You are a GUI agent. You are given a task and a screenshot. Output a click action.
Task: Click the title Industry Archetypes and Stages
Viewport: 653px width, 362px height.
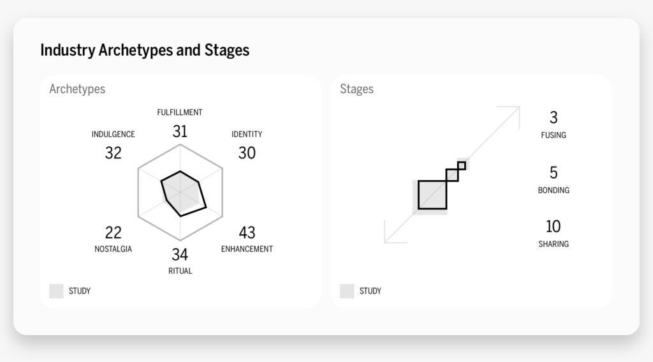[145, 50]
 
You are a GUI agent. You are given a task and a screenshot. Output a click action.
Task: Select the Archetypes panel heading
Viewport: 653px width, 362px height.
[77, 89]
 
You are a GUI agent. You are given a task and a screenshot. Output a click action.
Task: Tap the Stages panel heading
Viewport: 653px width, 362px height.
[356, 89]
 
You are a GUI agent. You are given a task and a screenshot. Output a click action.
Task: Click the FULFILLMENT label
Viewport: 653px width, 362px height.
[180, 112]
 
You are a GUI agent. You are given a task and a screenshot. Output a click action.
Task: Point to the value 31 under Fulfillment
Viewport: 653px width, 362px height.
[180, 132]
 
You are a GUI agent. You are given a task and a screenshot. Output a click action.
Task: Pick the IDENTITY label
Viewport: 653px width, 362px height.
[247, 135]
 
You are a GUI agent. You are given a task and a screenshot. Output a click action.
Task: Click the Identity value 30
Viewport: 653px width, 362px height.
[247, 153]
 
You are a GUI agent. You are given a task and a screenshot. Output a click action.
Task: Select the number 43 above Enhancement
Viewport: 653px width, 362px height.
[247, 232]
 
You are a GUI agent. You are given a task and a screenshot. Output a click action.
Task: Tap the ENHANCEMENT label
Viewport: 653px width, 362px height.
[247, 249]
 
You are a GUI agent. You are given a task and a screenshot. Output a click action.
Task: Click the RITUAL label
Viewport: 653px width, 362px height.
[180, 271]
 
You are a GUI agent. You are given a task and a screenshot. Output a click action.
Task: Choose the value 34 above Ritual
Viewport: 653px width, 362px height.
[180, 254]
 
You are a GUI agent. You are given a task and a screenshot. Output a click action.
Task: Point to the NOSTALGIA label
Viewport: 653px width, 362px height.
[113, 249]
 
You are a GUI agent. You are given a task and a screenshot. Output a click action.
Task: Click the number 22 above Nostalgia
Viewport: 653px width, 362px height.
[113, 232]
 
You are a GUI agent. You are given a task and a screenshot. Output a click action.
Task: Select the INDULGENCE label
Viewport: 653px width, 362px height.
[113, 135]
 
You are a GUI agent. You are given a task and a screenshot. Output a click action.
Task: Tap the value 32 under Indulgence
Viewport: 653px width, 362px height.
[113, 153]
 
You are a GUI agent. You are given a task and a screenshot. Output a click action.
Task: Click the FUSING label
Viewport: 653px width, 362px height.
[553, 135]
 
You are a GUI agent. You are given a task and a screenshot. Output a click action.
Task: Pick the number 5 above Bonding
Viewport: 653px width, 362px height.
[553, 172]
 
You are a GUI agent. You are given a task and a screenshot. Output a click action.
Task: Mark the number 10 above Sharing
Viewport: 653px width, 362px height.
[553, 226]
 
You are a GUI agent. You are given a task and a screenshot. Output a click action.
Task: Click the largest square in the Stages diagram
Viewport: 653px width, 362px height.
[432, 195]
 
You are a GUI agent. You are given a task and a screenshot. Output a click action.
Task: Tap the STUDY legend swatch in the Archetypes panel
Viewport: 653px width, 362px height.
[56, 291]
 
